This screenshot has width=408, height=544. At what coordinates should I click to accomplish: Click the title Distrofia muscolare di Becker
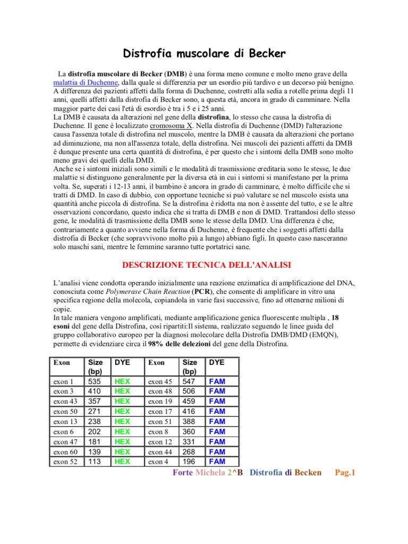[204, 53]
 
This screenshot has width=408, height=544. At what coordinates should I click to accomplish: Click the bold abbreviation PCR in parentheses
[201, 292]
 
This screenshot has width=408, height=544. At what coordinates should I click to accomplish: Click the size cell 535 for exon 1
[94, 381]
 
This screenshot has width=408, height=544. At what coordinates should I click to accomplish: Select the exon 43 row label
[65, 401]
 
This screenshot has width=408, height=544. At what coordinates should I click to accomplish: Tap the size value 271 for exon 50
[94, 411]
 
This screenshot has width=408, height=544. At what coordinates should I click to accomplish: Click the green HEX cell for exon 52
[122, 462]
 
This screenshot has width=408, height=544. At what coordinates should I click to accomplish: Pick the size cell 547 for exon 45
[189, 381]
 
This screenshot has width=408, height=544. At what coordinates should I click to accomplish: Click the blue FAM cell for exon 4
[217, 462]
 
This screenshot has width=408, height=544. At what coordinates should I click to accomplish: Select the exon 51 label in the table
[160, 421]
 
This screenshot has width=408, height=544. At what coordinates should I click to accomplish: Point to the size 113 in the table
[94, 462]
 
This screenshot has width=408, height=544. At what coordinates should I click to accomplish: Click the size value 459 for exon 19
[189, 401]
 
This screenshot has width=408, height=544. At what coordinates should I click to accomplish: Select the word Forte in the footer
[183, 473]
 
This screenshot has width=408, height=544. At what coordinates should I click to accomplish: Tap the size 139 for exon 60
[94, 452]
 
